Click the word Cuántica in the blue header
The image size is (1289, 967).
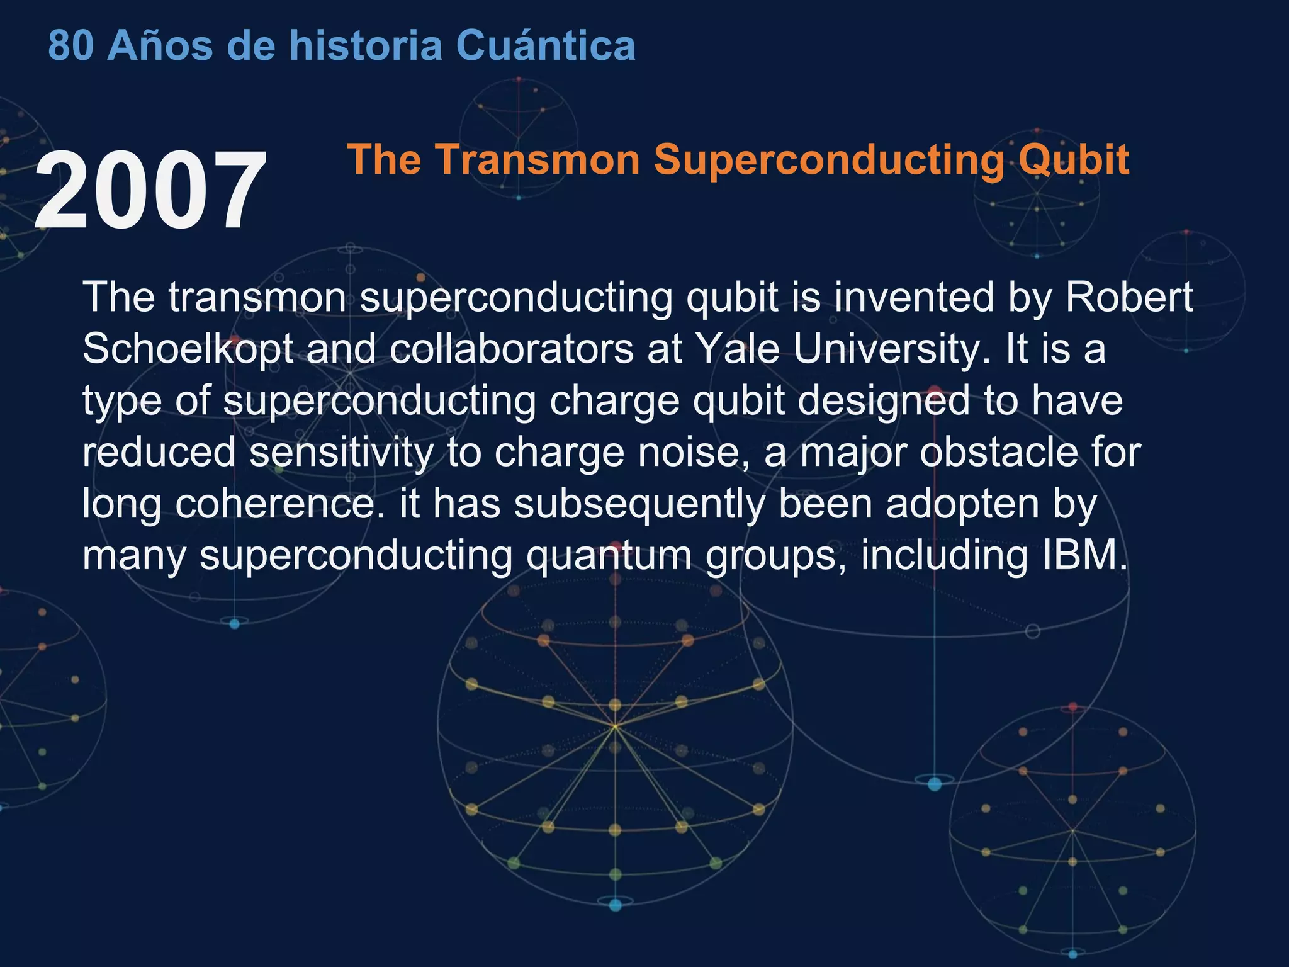coord(545,45)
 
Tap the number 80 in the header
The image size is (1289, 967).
coord(70,45)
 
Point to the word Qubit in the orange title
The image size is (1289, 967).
coord(1073,160)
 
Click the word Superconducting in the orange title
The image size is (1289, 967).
coord(829,160)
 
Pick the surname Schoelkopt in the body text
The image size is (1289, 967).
coord(188,349)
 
